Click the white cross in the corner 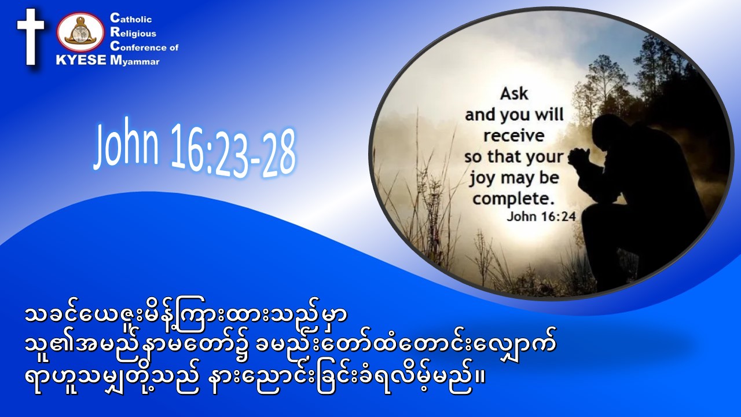(x=31, y=36)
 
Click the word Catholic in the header (x=131, y=18)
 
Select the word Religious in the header (x=133, y=32)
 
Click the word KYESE (x=82, y=60)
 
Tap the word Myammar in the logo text (x=135, y=61)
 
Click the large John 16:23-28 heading (x=195, y=149)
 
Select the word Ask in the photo (x=514, y=94)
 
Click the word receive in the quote (x=514, y=136)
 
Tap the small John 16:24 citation (x=541, y=217)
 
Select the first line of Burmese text (x=186, y=316)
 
